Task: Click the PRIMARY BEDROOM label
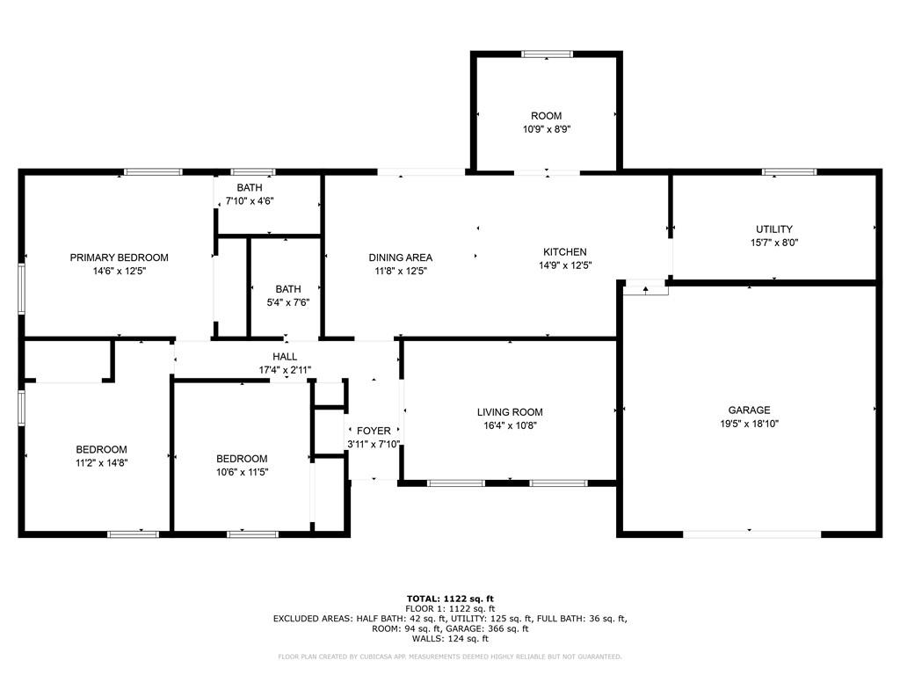[120, 258]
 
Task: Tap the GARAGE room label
[749, 410]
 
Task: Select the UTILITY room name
[774, 229]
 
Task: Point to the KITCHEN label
[565, 252]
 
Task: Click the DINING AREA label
[401, 258]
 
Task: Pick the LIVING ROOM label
[510, 412]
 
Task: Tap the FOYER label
[374, 431]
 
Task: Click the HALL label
[285, 357]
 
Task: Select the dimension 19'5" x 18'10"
[749, 425]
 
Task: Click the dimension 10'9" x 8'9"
[547, 130]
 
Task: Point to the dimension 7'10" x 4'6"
[250, 201]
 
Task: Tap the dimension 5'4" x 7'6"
[288, 303]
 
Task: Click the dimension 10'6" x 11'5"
[243, 473]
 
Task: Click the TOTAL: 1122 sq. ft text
[450, 599]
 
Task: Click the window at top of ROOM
[547, 54]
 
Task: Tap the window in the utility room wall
[789, 171]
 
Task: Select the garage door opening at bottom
[752, 534]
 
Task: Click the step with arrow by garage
[646, 288]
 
